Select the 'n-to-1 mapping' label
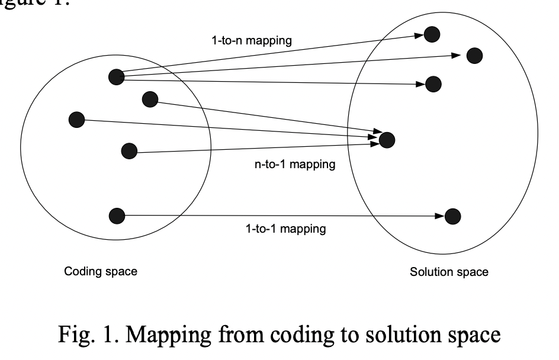click(x=294, y=164)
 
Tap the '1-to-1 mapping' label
click(x=285, y=229)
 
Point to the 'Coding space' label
click(x=101, y=272)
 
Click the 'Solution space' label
click(x=449, y=272)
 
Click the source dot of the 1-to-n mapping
click(x=116, y=76)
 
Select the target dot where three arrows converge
click(x=386, y=140)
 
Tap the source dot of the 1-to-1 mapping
click(x=117, y=216)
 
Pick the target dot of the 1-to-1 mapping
click(x=452, y=216)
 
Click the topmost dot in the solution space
click(x=432, y=34)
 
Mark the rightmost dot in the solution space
click(x=474, y=56)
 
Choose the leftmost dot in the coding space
click(x=76, y=120)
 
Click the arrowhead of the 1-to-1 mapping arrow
click(x=439, y=216)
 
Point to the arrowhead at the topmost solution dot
click(x=419, y=36)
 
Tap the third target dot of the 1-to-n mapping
click(x=433, y=84)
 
